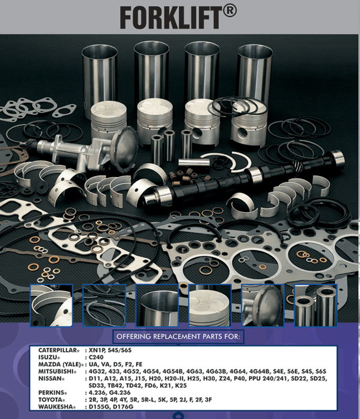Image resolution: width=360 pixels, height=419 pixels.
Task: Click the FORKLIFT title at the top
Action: tap(171, 17)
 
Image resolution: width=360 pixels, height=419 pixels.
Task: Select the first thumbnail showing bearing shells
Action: tap(51, 305)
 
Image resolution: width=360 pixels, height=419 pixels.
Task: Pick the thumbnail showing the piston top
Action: tap(210, 305)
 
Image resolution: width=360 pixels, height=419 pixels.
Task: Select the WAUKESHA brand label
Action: tap(55, 407)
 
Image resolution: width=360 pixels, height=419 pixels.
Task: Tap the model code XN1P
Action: tap(99, 350)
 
